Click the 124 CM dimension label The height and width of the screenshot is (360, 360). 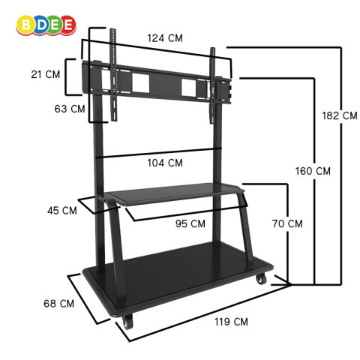(x=165, y=38)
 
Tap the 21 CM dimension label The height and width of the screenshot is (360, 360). (x=46, y=74)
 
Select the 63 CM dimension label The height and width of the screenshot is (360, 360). (x=70, y=109)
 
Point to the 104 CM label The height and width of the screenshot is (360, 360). (x=165, y=163)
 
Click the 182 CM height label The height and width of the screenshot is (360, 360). (x=340, y=115)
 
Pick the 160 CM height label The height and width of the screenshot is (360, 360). (x=313, y=171)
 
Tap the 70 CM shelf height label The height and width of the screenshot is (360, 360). (x=287, y=223)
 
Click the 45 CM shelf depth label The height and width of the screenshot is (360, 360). (x=62, y=211)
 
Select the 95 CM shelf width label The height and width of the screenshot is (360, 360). (x=190, y=223)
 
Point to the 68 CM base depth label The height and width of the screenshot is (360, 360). (x=58, y=304)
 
